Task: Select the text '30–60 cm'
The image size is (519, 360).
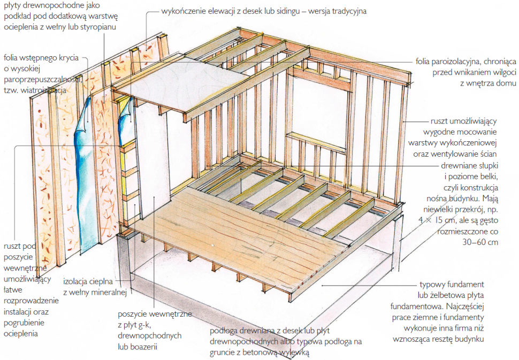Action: [x=480, y=242]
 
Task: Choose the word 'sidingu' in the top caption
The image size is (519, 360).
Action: [x=285, y=10]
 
